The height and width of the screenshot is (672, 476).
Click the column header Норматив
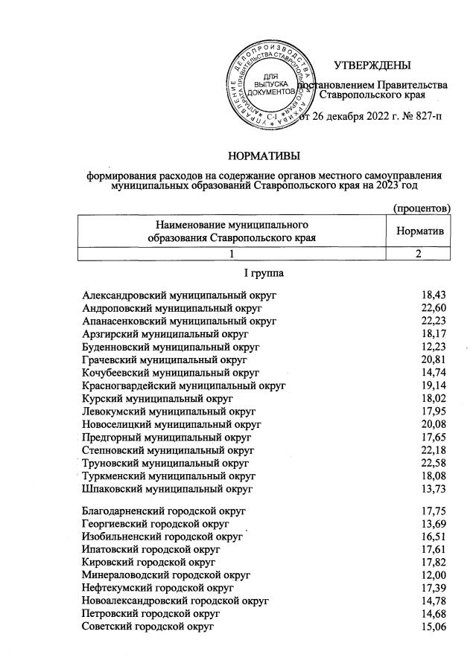(x=420, y=231)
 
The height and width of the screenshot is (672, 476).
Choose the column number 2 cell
(x=419, y=255)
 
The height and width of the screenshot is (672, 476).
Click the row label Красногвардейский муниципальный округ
(x=184, y=385)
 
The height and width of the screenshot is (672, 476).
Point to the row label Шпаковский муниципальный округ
(x=168, y=489)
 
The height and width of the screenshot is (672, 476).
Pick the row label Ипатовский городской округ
(x=151, y=549)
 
